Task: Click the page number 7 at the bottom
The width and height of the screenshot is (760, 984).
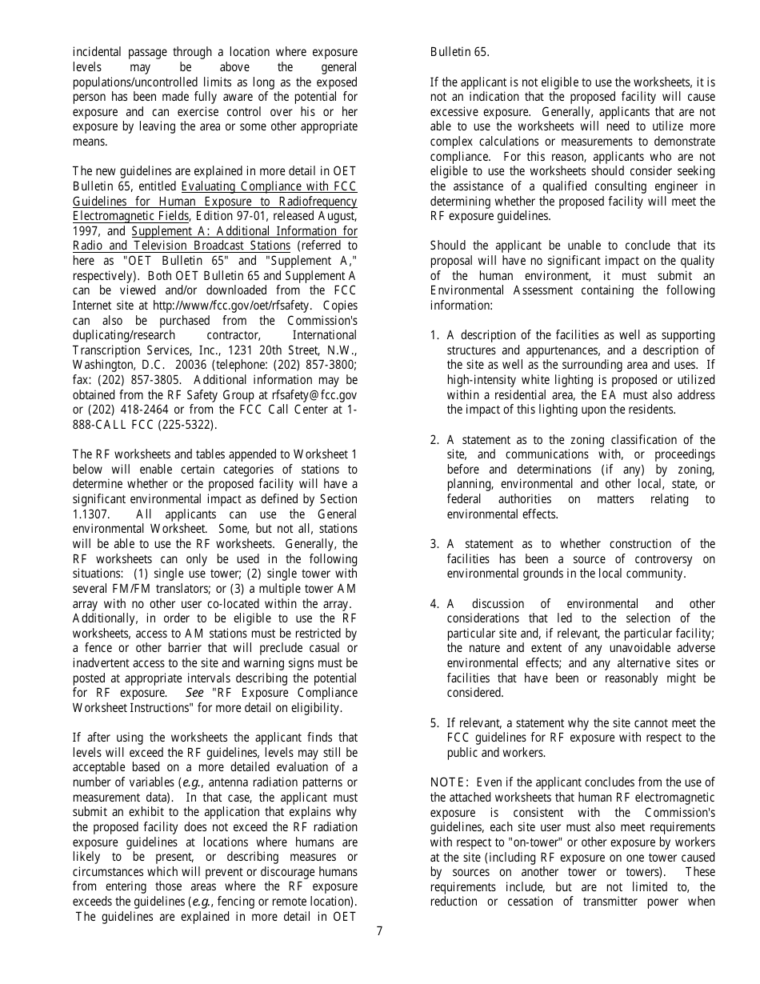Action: pos(379,930)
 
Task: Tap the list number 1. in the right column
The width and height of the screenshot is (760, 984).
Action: pos(434,335)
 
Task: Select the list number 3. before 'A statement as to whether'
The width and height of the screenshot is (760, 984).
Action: pos(434,544)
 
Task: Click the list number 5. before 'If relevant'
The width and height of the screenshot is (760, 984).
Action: pos(434,723)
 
